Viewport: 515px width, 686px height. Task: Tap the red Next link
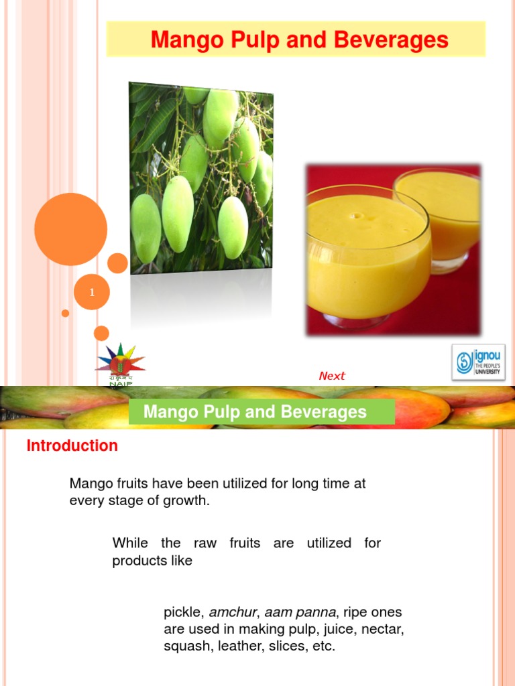[332, 376]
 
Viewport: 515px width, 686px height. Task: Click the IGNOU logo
[478, 362]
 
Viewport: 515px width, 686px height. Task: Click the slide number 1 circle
[91, 293]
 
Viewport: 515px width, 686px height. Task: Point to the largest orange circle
[70, 229]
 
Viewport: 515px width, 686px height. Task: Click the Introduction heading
[72, 445]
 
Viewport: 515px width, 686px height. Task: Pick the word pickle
[182, 612]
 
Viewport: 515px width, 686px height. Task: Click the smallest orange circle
[65, 313]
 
